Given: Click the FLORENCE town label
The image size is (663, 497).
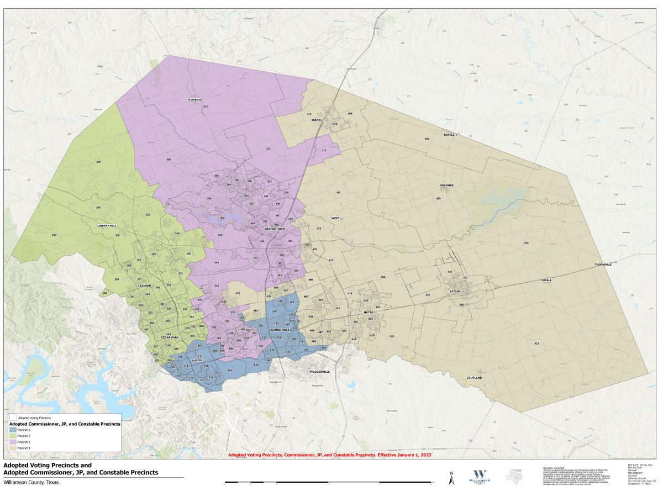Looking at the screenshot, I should [x=194, y=99].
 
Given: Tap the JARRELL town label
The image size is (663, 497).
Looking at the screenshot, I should [x=317, y=120].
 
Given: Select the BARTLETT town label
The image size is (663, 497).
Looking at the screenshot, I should [x=451, y=135].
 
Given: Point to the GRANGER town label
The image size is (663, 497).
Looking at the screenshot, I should [x=446, y=185].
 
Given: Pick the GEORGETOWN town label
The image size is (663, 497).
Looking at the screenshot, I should [x=274, y=228].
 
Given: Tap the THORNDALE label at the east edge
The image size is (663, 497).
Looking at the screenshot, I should [x=603, y=265].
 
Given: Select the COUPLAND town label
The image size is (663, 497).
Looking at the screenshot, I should [x=474, y=378].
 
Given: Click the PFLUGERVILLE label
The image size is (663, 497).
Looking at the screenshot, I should [x=318, y=372].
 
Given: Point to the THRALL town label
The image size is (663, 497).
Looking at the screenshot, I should [x=546, y=281].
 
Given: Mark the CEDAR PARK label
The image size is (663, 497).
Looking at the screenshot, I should [x=170, y=337].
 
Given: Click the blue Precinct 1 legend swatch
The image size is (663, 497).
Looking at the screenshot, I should [x=13, y=429].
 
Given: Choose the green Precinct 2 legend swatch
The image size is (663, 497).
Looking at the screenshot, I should [x=13, y=436].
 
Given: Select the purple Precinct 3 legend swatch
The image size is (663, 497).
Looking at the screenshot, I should [x=13, y=442].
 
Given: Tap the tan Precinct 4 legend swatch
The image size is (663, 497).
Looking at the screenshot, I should [x=13, y=448].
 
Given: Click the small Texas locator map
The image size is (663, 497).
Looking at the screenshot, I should [x=515, y=475].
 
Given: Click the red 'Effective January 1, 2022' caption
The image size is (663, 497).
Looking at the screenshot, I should [x=330, y=455].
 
